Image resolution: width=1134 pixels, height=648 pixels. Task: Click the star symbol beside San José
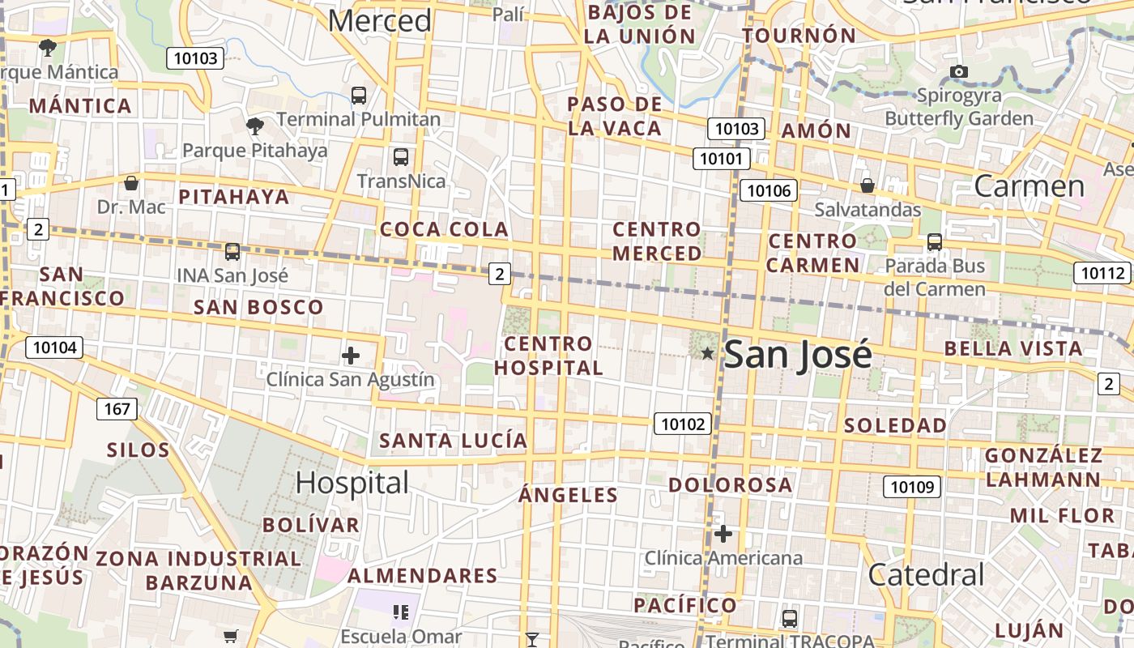[707, 353]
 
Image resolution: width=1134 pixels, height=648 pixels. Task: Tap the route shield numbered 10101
[720, 158]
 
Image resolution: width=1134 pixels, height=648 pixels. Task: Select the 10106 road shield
[769, 190]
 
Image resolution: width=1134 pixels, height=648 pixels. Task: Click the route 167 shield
[117, 409]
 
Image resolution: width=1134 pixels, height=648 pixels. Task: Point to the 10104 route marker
[55, 348]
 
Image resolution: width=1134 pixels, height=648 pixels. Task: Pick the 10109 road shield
[912, 487]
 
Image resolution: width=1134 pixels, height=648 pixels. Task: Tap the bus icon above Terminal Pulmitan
[359, 95]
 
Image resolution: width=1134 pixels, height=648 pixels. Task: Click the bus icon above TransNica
[400, 156]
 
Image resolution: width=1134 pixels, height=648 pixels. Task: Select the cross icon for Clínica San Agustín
[351, 356]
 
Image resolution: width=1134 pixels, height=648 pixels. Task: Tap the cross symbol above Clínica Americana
[723, 534]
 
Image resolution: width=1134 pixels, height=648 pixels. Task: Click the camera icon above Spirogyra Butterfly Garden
[959, 71]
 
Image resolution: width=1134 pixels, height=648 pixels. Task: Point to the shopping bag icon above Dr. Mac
[131, 183]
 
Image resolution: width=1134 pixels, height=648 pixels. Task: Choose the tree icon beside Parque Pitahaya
[254, 126]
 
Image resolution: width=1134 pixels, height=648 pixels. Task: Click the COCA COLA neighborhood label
[445, 229]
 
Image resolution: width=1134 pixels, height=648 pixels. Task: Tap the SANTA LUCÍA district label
[454, 441]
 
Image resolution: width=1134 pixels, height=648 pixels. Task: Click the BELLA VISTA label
[1013, 349]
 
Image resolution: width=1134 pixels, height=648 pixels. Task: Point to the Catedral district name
[926, 574]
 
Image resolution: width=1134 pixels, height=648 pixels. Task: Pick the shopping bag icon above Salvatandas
[868, 185]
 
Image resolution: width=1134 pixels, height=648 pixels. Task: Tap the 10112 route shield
[1102, 273]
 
